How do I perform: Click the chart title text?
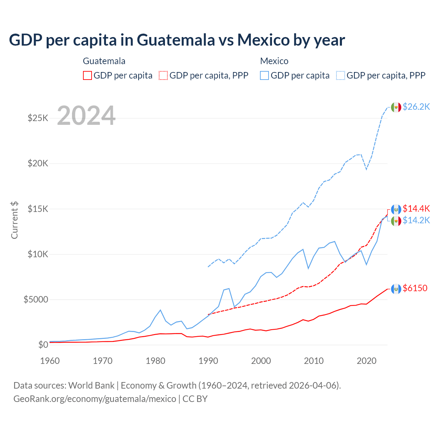pyautogui.click(x=177, y=40)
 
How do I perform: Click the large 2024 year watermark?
pyautogui.click(x=86, y=116)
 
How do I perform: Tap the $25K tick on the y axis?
pyautogui.click(x=38, y=118)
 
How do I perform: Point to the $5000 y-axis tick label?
pyautogui.click(x=36, y=299)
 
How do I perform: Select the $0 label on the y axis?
pyautogui.click(x=43, y=345)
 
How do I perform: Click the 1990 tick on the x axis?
pyautogui.click(x=208, y=361)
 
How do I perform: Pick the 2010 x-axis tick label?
pyautogui.click(x=314, y=361)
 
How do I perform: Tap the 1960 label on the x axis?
pyautogui.click(x=50, y=361)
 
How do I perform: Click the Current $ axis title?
pyautogui.click(x=14, y=220)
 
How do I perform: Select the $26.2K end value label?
pyautogui.click(x=416, y=107)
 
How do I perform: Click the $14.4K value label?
pyautogui.click(x=416, y=209)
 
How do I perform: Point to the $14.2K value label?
pyautogui.click(x=416, y=220)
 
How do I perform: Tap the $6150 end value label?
pyautogui.click(x=415, y=288)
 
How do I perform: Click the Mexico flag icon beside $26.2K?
pyautogui.click(x=396, y=107)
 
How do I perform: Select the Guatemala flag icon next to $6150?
pyautogui.click(x=396, y=289)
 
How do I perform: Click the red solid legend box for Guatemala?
pyautogui.click(x=87, y=75)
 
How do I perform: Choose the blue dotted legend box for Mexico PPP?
pyautogui.click(x=341, y=75)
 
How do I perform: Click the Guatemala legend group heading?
pyautogui.click(x=104, y=61)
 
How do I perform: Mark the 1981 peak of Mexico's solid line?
pyautogui.click(x=160, y=310)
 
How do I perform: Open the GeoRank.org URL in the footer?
pyautogui.click(x=95, y=399)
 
